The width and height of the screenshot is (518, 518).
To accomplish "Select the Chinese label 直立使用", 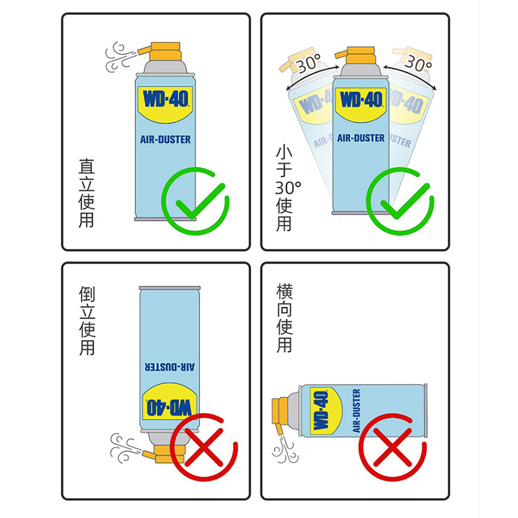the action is click(87, 193).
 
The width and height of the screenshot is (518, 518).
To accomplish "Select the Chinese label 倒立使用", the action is click(87, 321).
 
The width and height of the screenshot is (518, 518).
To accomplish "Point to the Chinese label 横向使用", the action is click(284, 318).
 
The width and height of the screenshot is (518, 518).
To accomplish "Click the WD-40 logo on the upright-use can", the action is click(165, 99).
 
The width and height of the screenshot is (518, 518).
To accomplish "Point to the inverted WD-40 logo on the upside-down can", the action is click(169, 407).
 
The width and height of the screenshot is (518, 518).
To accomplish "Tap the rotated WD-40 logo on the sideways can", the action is click(321, 411).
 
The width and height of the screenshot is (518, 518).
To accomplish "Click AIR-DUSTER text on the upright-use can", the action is click(166, 139).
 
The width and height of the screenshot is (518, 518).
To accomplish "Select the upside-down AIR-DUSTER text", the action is click(170, 367).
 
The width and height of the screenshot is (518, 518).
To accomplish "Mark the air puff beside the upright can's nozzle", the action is click(118, 57).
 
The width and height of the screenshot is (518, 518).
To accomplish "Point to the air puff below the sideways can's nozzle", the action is click(285, 449).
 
